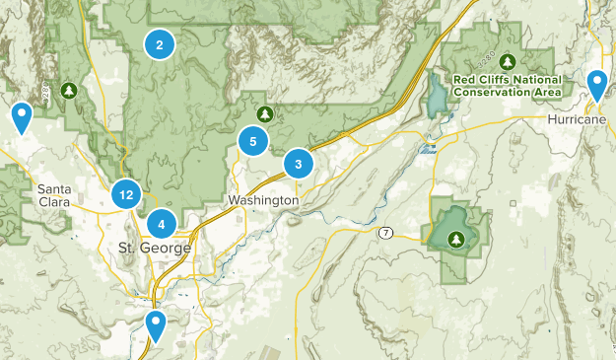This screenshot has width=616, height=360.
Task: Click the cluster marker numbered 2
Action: click(159, 43)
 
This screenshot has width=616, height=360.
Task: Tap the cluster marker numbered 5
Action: click(253, 141)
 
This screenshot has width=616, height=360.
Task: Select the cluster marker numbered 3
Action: click(299, 164)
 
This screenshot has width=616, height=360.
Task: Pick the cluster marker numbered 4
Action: click(162, 223)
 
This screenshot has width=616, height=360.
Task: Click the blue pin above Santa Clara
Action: click(21, 116)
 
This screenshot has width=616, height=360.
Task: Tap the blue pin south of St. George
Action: click(155, 324)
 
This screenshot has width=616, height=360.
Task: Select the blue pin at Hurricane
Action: click(597, 85)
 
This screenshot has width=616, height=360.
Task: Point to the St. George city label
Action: click(153, 246)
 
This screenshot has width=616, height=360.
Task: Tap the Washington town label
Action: click(262, 200)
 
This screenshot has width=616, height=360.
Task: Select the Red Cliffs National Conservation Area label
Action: click(507, 86)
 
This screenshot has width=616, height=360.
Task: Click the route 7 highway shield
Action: click(384, 233)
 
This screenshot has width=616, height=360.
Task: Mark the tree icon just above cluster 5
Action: click(264, 113)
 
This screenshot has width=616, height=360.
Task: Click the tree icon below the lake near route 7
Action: click(455, 239)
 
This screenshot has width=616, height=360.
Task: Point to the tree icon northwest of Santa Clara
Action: click(68, 91)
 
